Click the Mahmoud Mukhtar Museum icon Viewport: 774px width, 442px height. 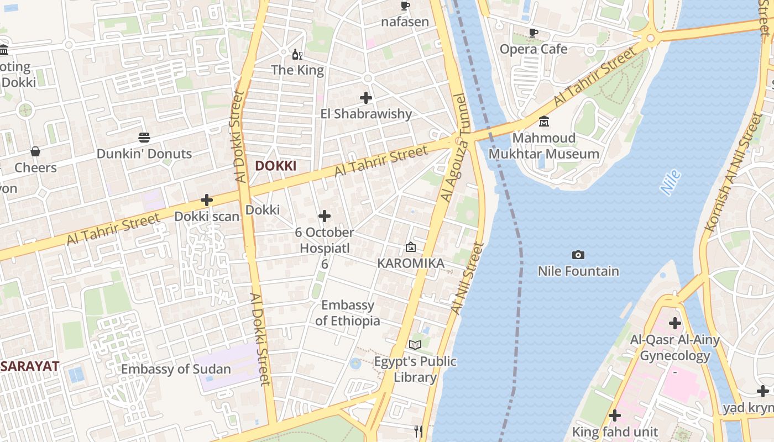[x=544, y=121]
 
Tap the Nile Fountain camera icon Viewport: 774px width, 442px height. [x=578, y=255]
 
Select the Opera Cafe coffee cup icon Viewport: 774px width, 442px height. [x=534, y=33]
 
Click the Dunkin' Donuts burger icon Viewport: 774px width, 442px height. [x=144, y=137]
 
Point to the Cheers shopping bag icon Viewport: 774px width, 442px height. [x=35, y=151]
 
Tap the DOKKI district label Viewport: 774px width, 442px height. [x=275, y=166]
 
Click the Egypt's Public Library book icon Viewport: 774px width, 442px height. [x=415, y=345]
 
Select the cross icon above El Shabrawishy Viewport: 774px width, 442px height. [x=366, y=98]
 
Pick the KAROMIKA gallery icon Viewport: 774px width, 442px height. [x=411, y=247]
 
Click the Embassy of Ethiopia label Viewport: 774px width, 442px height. [x=348, y=313]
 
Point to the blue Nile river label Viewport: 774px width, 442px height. [x=671, y=183]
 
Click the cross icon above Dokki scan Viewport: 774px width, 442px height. [x=207, y=200]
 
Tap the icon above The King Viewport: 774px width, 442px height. [x=297, y=54]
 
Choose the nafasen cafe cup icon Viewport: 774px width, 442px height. [x=405, y=6]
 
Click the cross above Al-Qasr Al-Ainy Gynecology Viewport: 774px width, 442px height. [x=675, y=323]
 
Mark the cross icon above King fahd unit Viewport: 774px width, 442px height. [x=614, y=415]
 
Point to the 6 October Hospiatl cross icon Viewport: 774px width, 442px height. [x=325, y=216]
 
